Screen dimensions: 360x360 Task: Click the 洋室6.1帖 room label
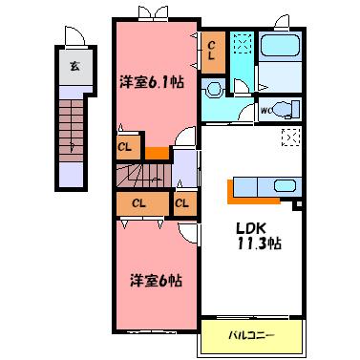coord(152,81)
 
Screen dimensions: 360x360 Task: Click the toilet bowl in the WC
coord(285,108)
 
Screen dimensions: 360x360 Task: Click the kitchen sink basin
coord(284,185)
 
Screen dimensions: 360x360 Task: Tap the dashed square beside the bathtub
coord(242,45)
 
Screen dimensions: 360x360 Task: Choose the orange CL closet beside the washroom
coord(212,51)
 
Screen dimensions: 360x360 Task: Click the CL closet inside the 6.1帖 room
coord(124,146)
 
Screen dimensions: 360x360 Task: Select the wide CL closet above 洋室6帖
coord(139,202)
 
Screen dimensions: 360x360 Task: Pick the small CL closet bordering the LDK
coord(181,202)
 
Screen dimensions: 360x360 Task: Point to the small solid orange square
coord(156,152)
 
